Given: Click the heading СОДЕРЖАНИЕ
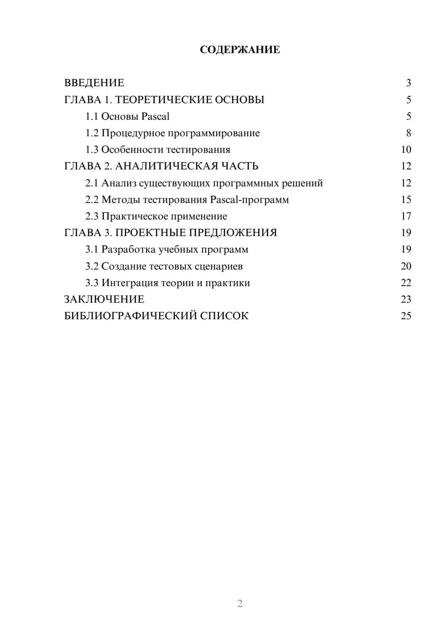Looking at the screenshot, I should pos(240,50).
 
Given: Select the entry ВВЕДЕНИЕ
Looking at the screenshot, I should pos(94,83).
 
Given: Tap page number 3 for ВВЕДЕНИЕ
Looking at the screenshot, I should pos(408,83).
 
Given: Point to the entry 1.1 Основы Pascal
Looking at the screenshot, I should pos(127,117).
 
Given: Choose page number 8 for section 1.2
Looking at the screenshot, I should pos(408,133).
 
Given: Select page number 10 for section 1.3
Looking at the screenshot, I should pos(406,150).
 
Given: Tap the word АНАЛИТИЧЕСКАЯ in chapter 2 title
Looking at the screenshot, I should pos(167,166).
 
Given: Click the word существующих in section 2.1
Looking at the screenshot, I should pos(174,183).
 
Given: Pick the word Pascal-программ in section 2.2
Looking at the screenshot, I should pos(250,200).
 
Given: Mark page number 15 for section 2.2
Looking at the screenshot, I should pos(406,200).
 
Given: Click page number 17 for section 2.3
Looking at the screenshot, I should pos(406,217).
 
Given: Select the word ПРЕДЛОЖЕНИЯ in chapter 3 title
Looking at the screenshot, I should pos(233,233).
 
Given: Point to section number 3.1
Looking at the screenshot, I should pos(92,250).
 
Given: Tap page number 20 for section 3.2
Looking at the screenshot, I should pos(406,266).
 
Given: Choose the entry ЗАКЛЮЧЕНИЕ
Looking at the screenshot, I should pos(104,300).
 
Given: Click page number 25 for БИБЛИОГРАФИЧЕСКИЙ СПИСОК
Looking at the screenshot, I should pos(406,316).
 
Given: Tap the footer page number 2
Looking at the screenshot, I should pos(240,604).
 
